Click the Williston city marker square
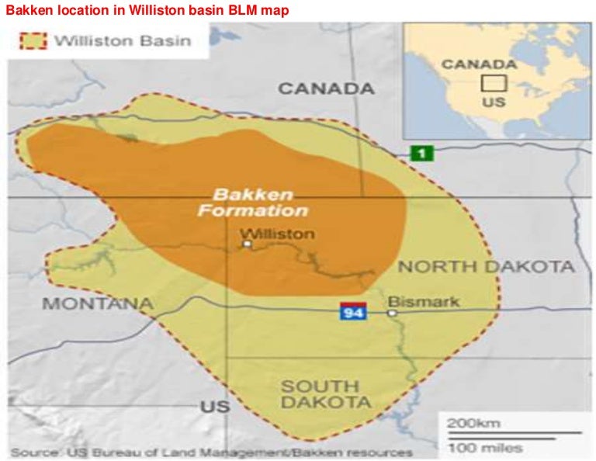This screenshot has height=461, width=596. click(x=248, y=244)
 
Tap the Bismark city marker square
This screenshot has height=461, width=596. click(x=392, y=314)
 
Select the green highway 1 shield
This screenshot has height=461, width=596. click(x=421, y=153)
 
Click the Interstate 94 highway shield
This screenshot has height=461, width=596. click(x=353, y=311)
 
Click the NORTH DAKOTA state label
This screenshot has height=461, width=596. click(x=487, y=267)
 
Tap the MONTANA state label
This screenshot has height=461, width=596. click(x=97, y=303)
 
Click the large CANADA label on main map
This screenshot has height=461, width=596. click(x=326, y=88)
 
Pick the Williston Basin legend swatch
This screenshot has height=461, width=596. click(x=32, y=40)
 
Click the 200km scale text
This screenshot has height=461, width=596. click(x=473, y=423)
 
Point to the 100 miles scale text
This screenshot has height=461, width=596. click(x=484, y=447)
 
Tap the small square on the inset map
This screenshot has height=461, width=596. click(x=493, y=83)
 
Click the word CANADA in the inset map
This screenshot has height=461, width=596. click(x=479, y=64)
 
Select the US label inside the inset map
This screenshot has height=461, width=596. click(x=494, y=102)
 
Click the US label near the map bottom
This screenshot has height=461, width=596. click(x=215, y=407)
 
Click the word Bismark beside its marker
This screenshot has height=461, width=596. click(x=423, y=302)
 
